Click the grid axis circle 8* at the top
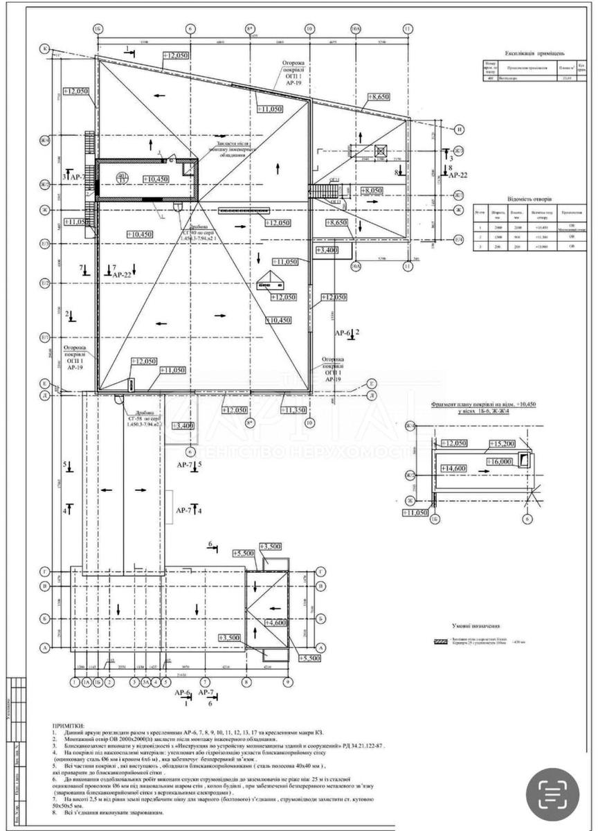tap(250, 29)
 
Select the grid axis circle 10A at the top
tap(356, 29)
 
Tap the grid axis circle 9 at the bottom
tap(287, 681)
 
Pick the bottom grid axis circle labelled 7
tap(206, 681)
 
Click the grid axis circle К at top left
tap(46, 49)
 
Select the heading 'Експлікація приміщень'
tap(535, 53)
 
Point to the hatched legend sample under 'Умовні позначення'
tap(440, 641)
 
